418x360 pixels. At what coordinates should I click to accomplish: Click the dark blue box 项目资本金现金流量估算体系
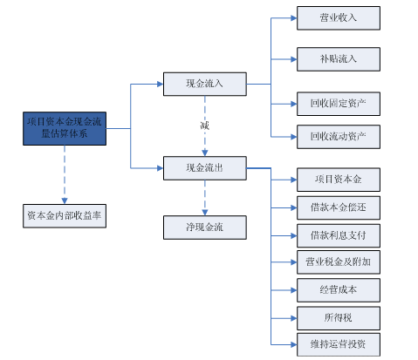65,128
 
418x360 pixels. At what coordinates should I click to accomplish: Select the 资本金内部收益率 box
65,216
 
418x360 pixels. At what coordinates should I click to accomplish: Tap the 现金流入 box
205,84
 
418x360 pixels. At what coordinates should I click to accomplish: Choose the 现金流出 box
205,168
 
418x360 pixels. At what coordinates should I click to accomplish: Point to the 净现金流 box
205,228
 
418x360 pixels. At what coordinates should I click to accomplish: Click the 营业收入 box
339,18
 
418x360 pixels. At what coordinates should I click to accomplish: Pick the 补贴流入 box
339,59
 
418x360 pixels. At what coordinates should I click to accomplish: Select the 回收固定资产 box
339,104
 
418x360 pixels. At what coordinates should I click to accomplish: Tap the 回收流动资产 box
339,137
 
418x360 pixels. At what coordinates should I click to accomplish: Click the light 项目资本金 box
339,180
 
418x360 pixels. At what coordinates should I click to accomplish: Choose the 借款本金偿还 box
339,207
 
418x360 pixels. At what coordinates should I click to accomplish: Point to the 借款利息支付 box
339,235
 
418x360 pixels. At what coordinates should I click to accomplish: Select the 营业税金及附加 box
339,262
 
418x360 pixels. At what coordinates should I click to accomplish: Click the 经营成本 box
339,290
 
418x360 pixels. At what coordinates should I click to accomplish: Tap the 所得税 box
339,318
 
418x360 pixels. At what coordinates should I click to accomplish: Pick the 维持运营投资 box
339,344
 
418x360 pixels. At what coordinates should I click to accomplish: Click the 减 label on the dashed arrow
205,126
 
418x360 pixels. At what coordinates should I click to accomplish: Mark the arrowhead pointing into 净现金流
205,213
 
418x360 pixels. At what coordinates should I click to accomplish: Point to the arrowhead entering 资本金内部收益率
65,201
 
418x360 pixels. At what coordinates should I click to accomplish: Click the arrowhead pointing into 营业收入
294,18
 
